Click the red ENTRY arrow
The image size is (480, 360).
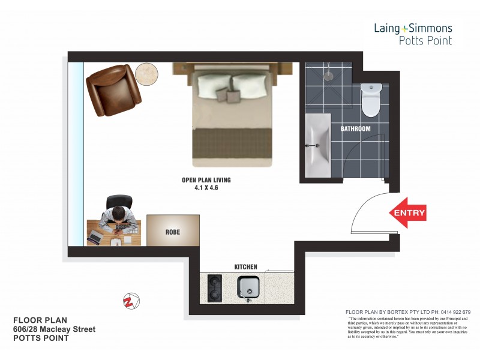pos(408,213)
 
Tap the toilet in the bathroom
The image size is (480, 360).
pos(371,99)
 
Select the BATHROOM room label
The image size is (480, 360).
pos(356,129)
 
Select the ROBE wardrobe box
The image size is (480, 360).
pos(173,230)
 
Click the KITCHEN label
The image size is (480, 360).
pos(245,267)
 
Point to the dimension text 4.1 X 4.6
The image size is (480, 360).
pos(206,188)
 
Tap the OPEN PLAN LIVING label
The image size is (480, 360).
pos(206,180)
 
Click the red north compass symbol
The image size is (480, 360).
pos(130,300)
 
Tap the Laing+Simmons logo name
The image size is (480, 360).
pos(413,28)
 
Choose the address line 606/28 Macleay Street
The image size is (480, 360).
pos(54,329)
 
